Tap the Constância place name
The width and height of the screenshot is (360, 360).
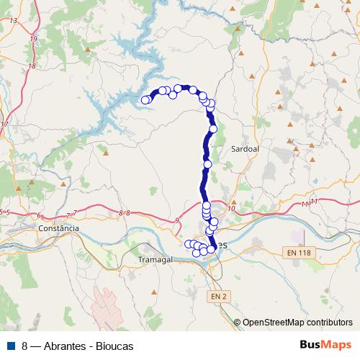click(x=59, y=228)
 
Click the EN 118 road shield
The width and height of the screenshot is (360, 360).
click(x=298, y=252)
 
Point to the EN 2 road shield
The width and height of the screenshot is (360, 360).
click(x=220, y=296)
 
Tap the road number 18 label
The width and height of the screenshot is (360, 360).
click(x=31, y=66)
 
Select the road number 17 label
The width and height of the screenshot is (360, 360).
click(x=4, y=125)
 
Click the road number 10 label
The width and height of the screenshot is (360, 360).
click(x=230, y=208)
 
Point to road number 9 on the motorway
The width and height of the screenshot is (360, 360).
click(x=177, y=220)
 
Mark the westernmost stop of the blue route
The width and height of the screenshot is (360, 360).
click(x=145, y=100)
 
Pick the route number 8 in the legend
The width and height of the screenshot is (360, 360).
click(x=25, y=346)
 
